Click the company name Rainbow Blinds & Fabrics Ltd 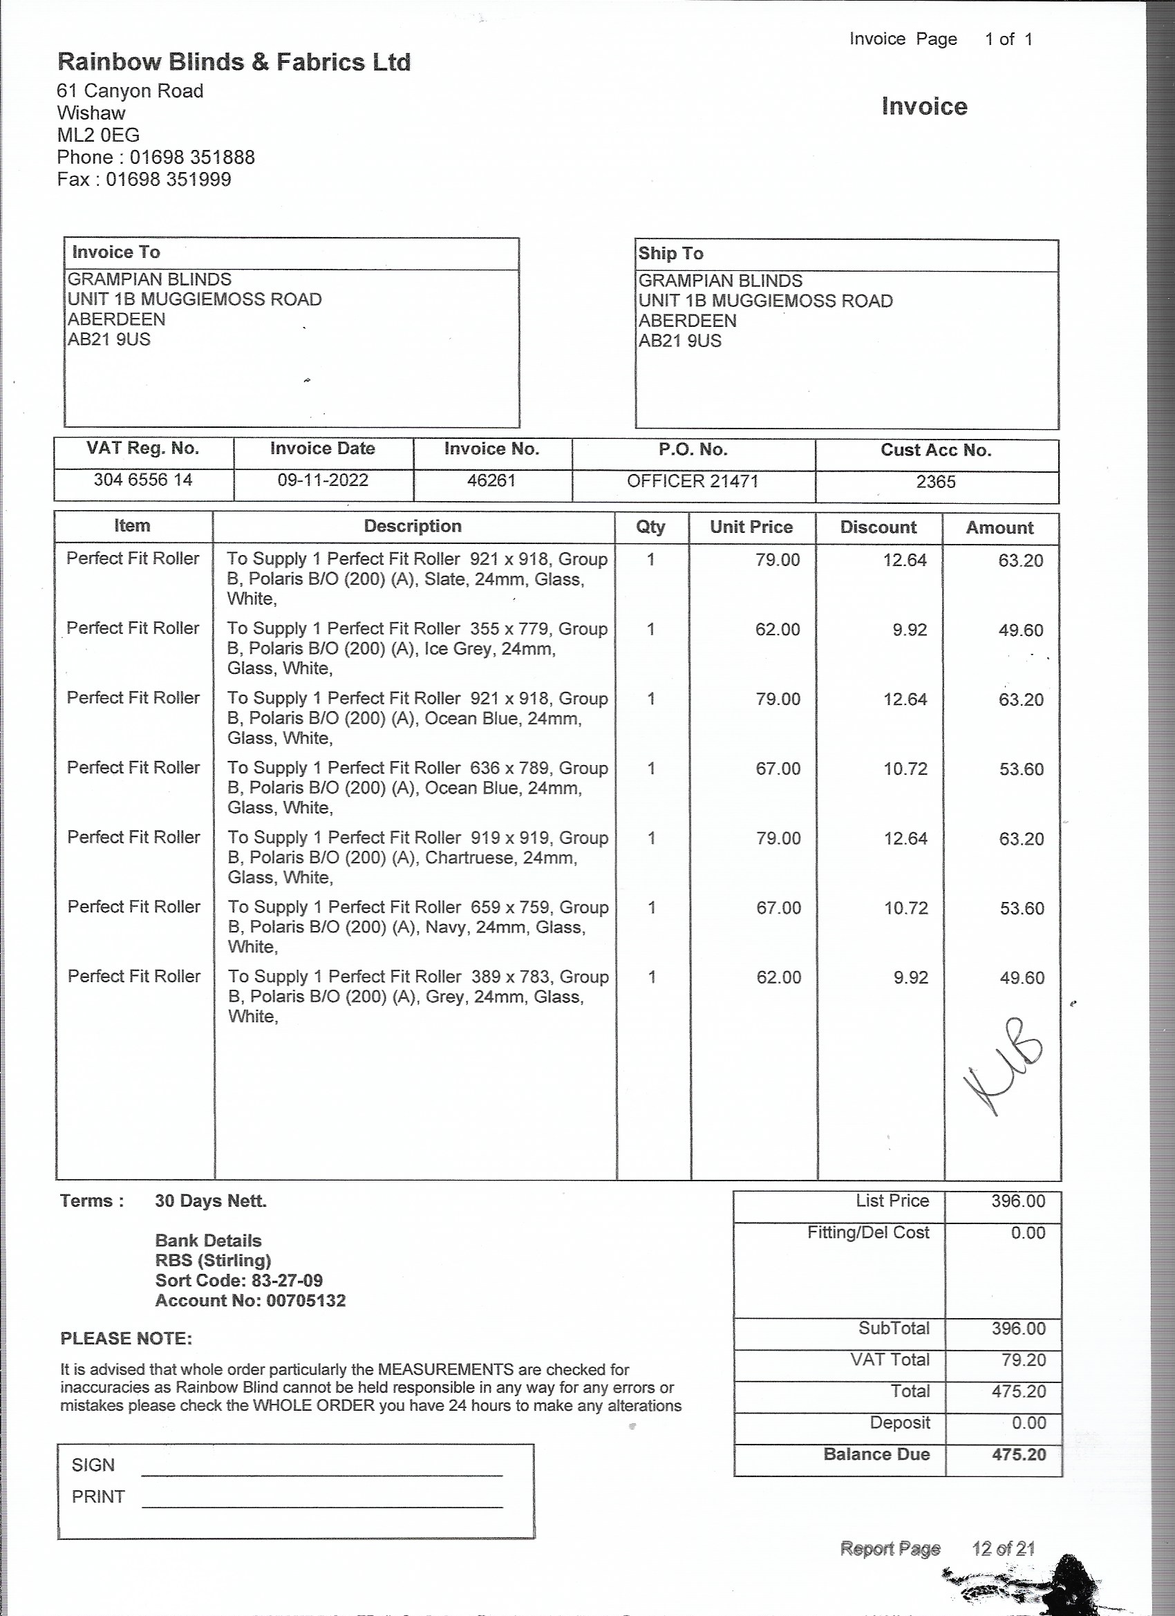234,63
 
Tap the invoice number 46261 491,480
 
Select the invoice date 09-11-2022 323,480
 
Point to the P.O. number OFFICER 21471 693,481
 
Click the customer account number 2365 936,482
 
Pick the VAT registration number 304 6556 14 143,480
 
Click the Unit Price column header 751,527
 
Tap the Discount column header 878,527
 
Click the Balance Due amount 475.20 1018,1454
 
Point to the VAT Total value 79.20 1022,1360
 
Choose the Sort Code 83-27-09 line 238,1280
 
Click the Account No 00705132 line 250,1300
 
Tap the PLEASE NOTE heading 126,1338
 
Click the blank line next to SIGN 322,1468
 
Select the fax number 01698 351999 168,179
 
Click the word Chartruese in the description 470,857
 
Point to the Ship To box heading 670,254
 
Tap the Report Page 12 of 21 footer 937,1548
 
